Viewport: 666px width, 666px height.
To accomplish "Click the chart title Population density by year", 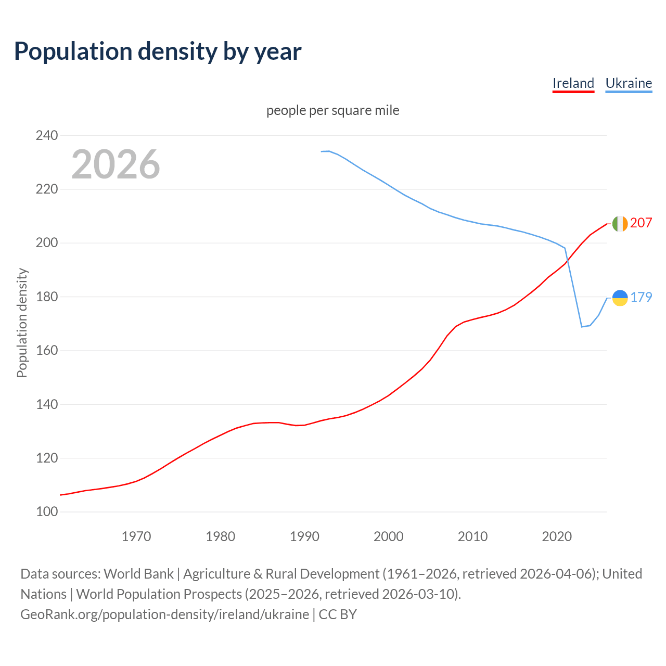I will point(158,52).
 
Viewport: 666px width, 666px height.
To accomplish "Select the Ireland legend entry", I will point(573,83).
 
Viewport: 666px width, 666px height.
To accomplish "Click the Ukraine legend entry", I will point(629,83).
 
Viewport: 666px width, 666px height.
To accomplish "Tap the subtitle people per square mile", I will point(333,111).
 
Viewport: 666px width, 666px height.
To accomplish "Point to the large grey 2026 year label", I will point(116,164).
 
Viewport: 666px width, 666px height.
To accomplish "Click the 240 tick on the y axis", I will point(47,136).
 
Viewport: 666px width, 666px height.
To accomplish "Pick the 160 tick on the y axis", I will point(47,351).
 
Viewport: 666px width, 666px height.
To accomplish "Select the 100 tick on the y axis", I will point(47,512).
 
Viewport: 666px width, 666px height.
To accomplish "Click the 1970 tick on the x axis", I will point(136,536).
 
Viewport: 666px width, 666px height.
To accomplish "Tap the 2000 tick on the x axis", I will point(389,536).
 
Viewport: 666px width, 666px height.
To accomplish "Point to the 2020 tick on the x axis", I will point(557,536).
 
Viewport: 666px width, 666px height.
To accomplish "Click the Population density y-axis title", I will point(22,323).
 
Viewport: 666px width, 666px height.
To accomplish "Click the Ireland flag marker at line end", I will point(620,224).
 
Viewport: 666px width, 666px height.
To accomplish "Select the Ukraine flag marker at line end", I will point(620,298).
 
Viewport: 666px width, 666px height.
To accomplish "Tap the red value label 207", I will point(641,223).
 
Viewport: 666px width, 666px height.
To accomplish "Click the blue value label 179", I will point(641,297).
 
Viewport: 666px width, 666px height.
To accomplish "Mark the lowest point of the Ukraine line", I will point(582,327).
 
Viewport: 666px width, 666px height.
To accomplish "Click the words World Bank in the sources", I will point(138,574).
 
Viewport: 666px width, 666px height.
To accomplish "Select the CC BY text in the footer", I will point(338,614).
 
